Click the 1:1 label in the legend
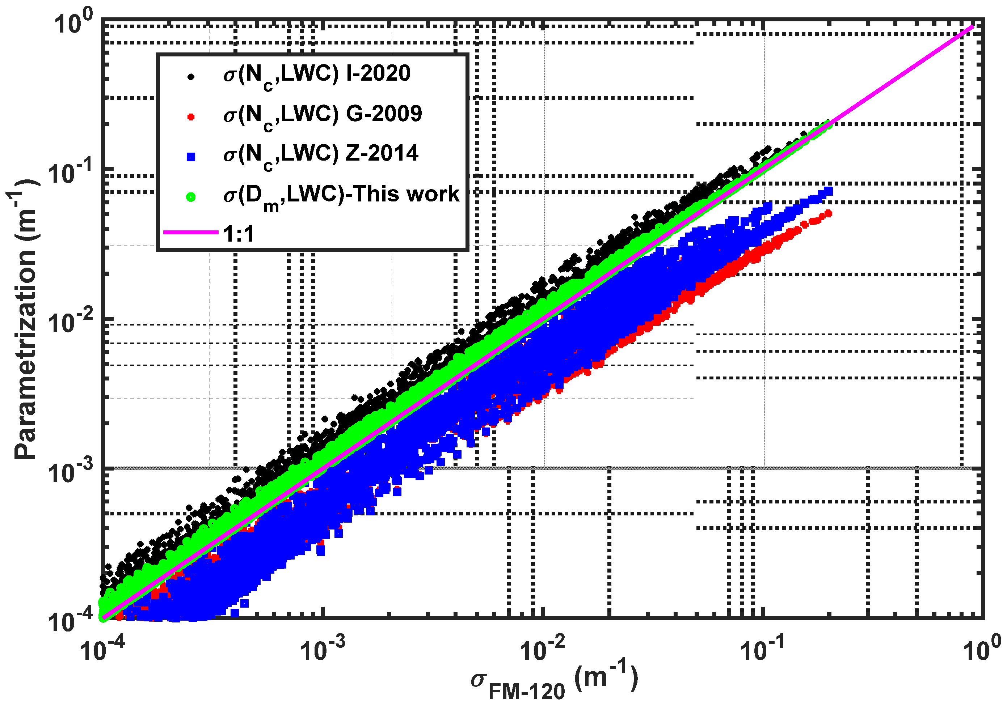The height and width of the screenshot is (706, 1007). click(239, 234)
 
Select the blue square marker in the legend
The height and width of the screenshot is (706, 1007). click(190, 157)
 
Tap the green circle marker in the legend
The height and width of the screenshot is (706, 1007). click(190, 197)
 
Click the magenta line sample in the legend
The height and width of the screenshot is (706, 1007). click(190, 232)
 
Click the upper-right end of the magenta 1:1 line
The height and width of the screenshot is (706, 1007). click(973, 27)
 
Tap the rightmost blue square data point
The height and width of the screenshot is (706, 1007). click(828, 191)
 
